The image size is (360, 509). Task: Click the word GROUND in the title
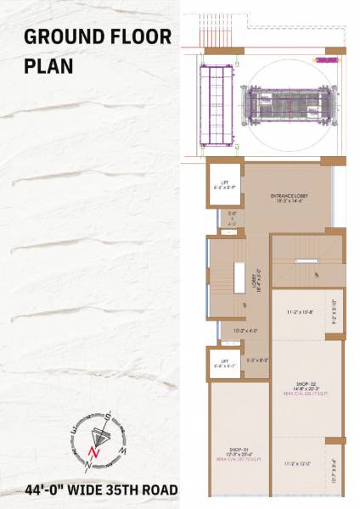(x=63, y=36)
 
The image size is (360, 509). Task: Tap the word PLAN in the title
(x=48, y=66)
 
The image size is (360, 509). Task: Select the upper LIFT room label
(x=224, y=184)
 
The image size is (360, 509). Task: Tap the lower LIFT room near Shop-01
(x=224, y=363)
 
